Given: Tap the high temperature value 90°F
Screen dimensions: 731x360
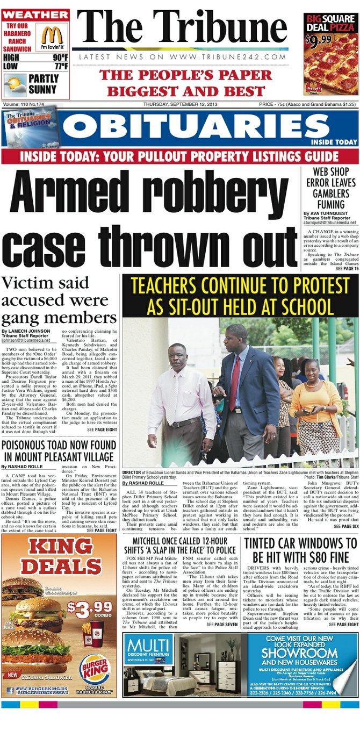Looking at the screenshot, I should (x=59, y=58).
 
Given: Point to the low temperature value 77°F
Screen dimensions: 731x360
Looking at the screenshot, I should (x=59, y=67).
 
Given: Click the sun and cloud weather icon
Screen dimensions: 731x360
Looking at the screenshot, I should (x=14, y=84).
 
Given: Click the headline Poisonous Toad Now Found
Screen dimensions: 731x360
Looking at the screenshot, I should (x=59, y=450).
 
